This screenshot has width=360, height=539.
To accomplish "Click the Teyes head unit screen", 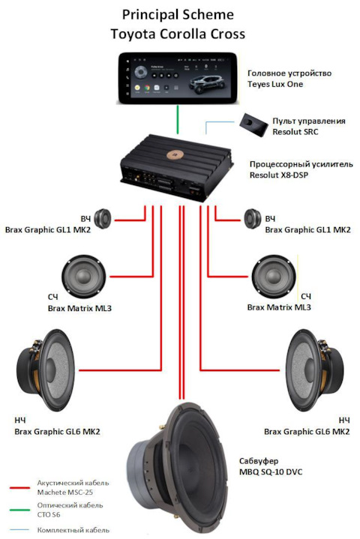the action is pos(178,79).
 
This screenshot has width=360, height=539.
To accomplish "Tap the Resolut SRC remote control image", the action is pos(254,125).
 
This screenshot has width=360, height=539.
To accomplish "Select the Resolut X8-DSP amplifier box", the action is pos(177,168).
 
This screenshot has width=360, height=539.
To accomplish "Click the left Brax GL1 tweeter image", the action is pos(102,219).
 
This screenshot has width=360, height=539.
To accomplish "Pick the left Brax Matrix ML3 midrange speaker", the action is pos(83,277).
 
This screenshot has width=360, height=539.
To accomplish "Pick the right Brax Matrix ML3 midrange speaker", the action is pos(273,277).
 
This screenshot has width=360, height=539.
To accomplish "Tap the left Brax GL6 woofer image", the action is pos(46,370).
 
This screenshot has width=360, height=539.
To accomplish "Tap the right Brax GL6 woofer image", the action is pos(314,370).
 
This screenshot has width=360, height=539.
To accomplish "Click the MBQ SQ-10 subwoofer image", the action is pos(178,470).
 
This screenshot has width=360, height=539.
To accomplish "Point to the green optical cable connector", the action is pos(178,119).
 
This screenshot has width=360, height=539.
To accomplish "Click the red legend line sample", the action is pos(19,488).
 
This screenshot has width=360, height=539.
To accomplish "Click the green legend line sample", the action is pos(19,510).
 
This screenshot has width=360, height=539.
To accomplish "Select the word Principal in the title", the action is pos(149,16).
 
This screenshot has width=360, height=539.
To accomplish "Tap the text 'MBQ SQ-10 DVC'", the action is pos(271,472).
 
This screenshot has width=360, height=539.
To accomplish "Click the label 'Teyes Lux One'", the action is pos(275,84).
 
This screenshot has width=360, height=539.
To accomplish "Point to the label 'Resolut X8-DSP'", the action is pos(279,175).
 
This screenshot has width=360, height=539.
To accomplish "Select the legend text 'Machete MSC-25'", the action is pos(65,493).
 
